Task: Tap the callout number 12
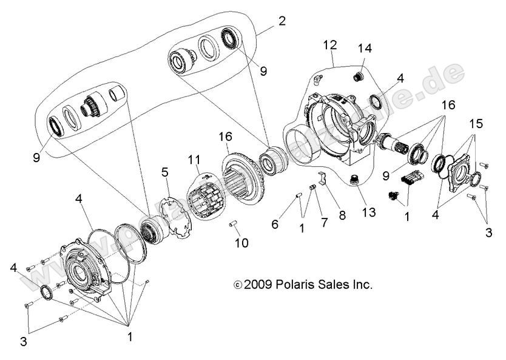coord(329,45)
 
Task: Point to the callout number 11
coord(194,160)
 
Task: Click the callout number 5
coord(164,172)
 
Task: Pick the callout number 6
coord(275,224)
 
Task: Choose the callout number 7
coord(324,223)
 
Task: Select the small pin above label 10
coord(234,225)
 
